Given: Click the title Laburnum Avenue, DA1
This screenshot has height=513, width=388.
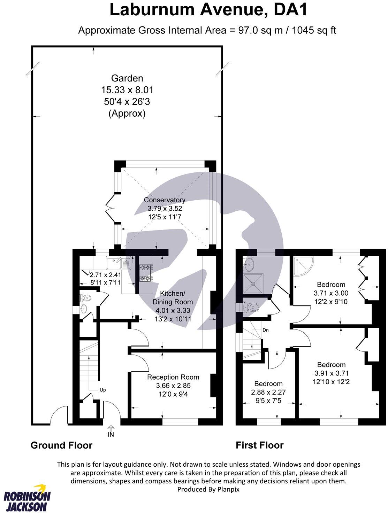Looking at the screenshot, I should [208, 10].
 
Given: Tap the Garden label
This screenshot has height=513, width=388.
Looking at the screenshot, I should [127, 78].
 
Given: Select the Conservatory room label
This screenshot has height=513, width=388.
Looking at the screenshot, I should [165, 200].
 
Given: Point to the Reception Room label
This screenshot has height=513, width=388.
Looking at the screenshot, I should [173, 377].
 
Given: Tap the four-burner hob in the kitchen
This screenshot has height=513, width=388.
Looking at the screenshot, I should [146, 273].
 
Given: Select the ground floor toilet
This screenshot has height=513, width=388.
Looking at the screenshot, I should [86, 298].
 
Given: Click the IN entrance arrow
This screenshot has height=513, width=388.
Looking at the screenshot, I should [111, 431].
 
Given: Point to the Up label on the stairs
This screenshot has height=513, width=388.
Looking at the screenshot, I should [102, 390].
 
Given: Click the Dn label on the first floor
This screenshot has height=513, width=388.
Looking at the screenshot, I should [265, 330].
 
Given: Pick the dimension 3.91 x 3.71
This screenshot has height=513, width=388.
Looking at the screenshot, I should [331, 373].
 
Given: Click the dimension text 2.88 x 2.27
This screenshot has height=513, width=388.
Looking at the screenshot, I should [268, 392].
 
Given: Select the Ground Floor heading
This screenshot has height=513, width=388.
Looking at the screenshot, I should [61, 445].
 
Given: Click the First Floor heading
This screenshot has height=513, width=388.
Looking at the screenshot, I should [259, 445].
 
